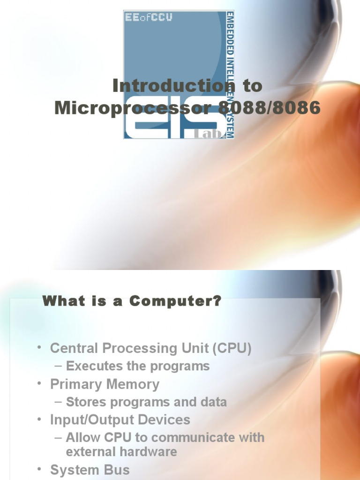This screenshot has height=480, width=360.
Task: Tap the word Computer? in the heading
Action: [x=175, y=301]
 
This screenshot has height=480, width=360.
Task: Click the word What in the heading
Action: [x=58, y=301]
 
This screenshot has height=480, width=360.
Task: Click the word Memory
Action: [x=133, y=384]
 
